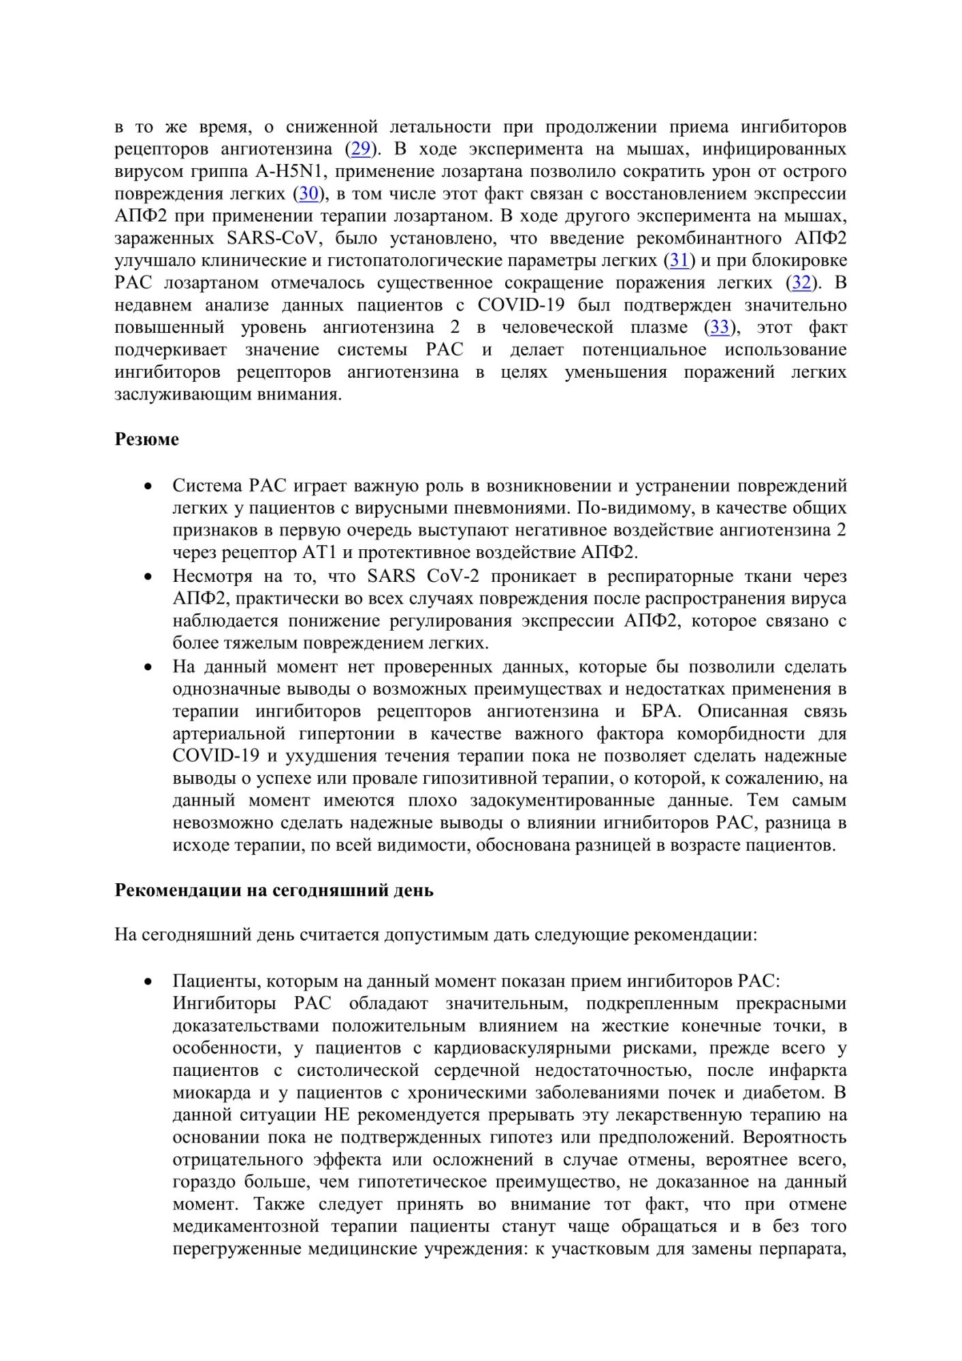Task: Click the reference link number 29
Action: coord(360,149)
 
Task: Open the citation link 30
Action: coord(309,194)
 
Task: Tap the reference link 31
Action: coord(679,261)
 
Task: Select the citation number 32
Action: coord(801,283)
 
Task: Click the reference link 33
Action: coord(720,328)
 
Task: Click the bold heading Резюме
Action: coord(146,440)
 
